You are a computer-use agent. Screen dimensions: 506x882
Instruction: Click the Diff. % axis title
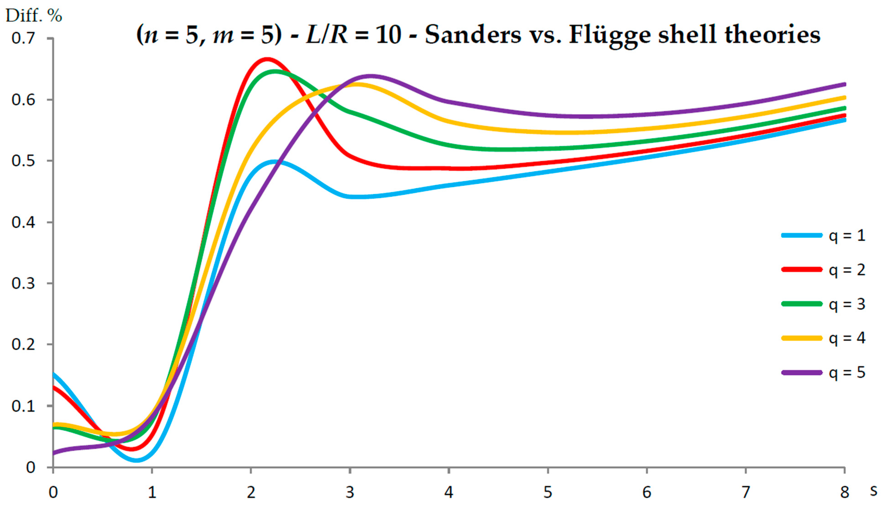tap(34, 16)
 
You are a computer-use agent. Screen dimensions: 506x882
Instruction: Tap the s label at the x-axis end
tap(874, 490)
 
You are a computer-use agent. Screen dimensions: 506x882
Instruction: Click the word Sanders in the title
tap(473, 35)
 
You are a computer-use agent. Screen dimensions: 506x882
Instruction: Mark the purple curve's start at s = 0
tap(53, 453)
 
